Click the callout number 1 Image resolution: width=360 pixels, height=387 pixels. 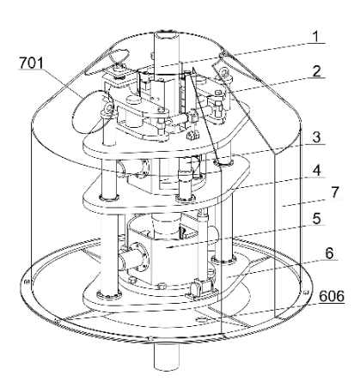click(x=315, y=36)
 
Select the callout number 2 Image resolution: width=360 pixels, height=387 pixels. click(x=316, y=71)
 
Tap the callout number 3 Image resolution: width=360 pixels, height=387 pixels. click(x=316, y=137)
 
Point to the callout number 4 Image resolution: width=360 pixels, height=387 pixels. click(x=316, y=171)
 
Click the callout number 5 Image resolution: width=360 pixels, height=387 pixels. click(x=316, y=219)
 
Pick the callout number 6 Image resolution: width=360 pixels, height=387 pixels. click(x=329, y=253)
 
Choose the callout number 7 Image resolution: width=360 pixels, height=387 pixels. click(x=335, y=192)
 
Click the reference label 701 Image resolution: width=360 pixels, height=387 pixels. click(x=31, y=63)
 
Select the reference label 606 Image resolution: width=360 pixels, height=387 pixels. click(x=332, y=296)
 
